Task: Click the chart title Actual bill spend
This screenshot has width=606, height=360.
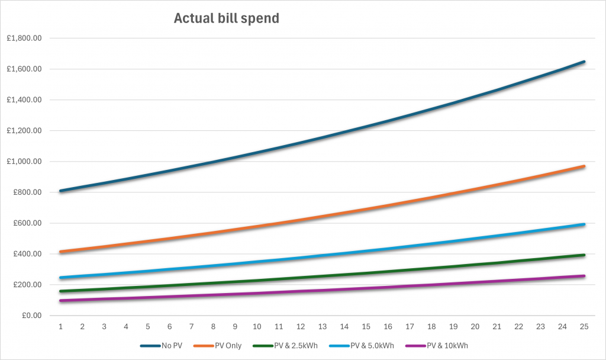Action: click(226, 19)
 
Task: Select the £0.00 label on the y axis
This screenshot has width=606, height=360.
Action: click(31, 316)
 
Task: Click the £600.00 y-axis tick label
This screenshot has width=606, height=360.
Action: click(27, 223)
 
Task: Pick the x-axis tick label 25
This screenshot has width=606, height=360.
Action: click(584, 326)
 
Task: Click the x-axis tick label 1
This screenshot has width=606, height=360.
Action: click(60, 326)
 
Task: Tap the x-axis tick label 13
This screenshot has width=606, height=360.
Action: click(322, 326)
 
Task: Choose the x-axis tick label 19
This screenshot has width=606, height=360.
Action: click(453, 326)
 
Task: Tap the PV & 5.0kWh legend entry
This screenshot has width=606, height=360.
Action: click(369, 346)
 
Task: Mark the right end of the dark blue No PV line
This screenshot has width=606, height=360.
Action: click(584, 62)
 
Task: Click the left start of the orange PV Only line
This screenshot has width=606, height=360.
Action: click(60, 252)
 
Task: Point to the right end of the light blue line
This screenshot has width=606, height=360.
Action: click(584, 224)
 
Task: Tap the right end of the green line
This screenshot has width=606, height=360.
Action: click(584, 255)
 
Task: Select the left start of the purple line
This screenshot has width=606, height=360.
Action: click(60, 301)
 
